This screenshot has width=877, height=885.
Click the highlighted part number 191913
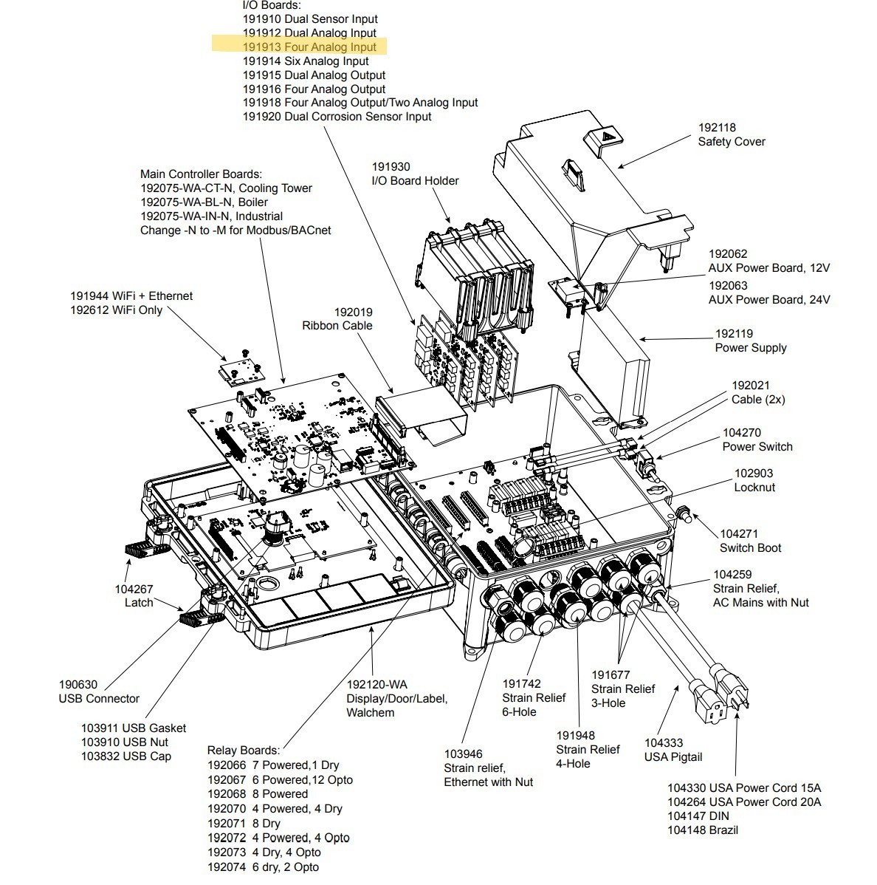click(261, 47)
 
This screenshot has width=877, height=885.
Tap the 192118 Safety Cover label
click(732, 135)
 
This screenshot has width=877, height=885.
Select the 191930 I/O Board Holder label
click(415, 174)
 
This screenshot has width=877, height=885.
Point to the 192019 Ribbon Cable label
click(337, 319)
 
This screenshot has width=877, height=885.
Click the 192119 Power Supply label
click(751, 341)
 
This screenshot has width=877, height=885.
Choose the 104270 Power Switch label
click(757, 440)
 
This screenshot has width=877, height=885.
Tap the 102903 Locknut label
click(754, 480)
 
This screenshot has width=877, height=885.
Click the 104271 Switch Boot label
click(750, 541)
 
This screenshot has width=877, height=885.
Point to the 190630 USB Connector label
click(99, 691)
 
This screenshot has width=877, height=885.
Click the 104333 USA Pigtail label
click(673, 750)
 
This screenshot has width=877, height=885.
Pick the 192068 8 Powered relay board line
click(258, 794)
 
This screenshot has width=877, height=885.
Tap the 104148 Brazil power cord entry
click(703, 830)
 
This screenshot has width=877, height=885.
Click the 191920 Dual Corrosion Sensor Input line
click(337, 117)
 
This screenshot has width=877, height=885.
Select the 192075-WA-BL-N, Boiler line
click(204, 202)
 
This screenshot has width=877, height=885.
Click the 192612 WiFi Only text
click(116, 310)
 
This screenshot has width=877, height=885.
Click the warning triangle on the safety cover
click(606, 137)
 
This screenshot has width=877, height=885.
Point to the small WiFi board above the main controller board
click(240, 369)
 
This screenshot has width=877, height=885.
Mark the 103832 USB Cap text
click(125, 756)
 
